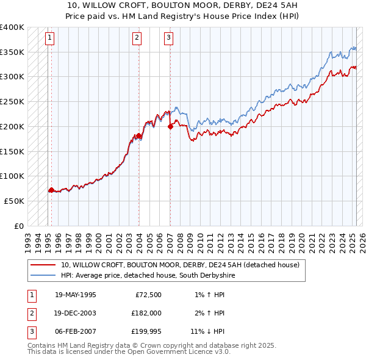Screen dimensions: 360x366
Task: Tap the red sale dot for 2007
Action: [170, 127]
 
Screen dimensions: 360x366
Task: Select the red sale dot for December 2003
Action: [138, 135]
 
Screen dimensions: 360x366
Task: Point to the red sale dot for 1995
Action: [51, 190]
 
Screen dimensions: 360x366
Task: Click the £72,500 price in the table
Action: [146, 295]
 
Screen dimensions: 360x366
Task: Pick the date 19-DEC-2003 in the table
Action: [75, 313]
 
